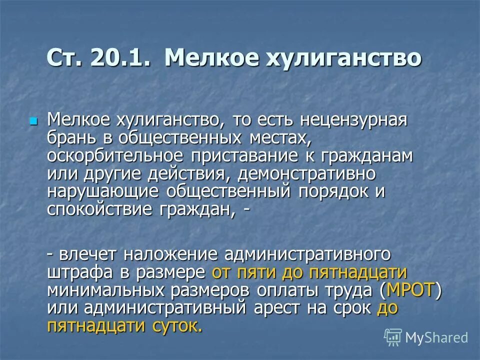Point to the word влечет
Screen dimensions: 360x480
coord(87,254)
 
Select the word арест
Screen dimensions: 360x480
coord(276,308)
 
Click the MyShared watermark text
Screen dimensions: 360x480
coord(436,337)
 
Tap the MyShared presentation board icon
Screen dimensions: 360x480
coord(393,337)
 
